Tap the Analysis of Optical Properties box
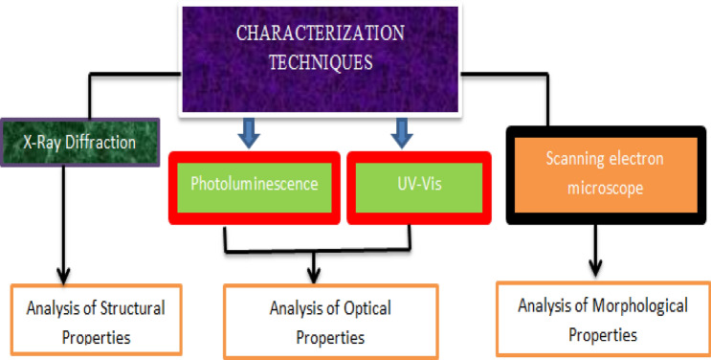pos(330,322)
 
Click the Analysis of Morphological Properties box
pos(602,320)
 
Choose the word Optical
pos(361,308)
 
